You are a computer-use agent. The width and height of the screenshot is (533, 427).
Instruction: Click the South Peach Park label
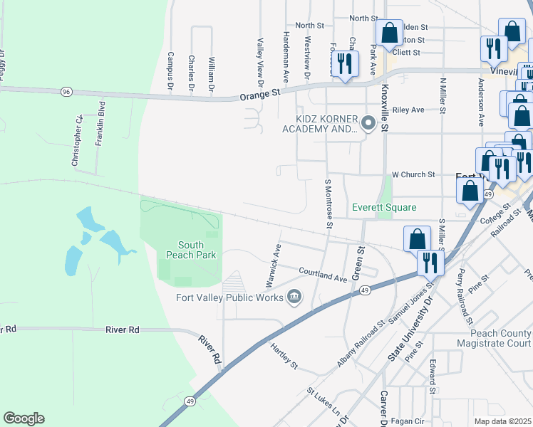[185, 248]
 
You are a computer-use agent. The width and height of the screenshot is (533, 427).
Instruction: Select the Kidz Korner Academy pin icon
[368, 124]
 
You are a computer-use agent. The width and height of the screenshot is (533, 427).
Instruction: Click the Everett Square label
[384, 207]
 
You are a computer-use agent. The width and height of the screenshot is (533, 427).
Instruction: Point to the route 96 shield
[66, 92]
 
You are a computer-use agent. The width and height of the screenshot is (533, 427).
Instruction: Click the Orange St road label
[262, 93]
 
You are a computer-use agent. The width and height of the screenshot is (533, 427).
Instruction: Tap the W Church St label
[413, 174]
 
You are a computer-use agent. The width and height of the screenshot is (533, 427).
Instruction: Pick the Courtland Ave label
[323, 275]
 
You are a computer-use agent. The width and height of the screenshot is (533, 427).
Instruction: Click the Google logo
[24, 418]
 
